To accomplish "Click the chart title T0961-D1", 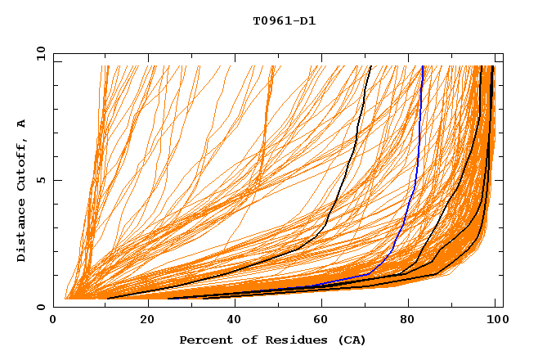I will click(x=284, y=20).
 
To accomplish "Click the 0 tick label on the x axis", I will click(x=54, y=320).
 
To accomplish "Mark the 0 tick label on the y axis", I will click(x=42, y=307).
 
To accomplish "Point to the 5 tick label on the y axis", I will click(x=42, y=180).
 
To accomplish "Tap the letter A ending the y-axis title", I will click(x=21, y=124).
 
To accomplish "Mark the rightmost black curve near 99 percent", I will click(x=489, y=164).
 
